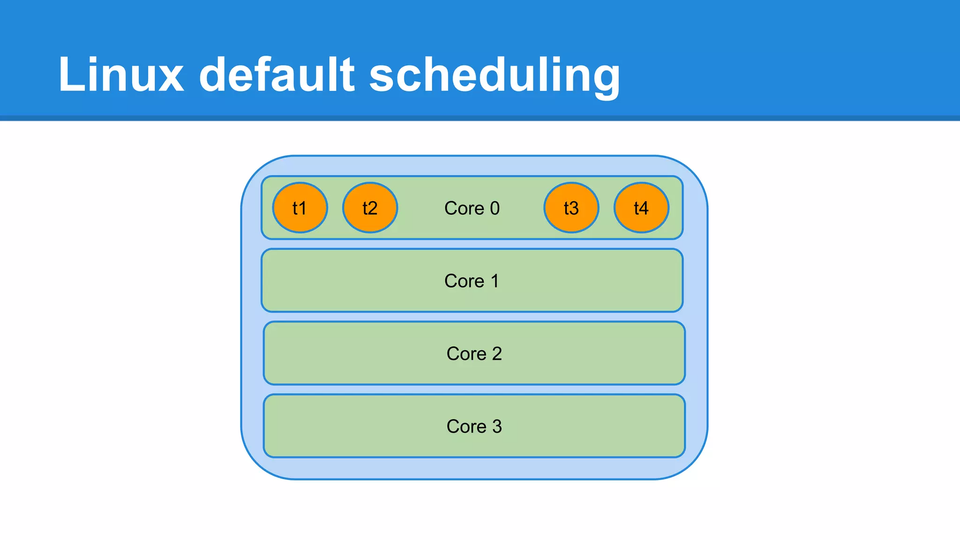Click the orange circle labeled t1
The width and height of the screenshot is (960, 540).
click(x=300, y=208)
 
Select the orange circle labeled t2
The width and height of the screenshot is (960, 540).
click(x=370, y=208)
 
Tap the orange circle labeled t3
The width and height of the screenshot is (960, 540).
click(x=571, y=208)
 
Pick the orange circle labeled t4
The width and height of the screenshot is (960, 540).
click(x=641, y=208)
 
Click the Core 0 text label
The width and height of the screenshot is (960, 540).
click(x=472, y=208)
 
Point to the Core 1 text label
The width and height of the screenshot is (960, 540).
click(x=472, y=281)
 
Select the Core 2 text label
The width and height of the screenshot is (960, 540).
click(x=474, y=353)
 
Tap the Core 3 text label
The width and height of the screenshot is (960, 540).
click(x=474, y=426)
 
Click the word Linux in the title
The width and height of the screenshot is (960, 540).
click(x=121, y=75)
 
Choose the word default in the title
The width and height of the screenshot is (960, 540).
click(x=277, y=75)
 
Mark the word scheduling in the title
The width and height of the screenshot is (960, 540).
click(x=495, y=75)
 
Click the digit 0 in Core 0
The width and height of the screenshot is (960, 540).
click(x=495, y=208)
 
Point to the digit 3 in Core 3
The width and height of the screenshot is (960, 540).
click(x=497, y=426)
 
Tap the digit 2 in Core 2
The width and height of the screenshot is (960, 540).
click(x=497, y=353)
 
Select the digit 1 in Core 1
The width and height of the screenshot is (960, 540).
click(x=495, y=281)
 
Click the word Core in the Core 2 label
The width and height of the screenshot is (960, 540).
click(x=466, y=353)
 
